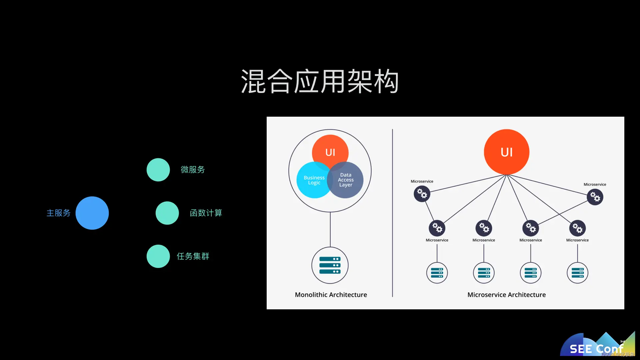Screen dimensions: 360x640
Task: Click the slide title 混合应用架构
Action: [x=320, y=82]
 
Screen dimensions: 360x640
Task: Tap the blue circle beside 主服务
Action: [x=92, y=213]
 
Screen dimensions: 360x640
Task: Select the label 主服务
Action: [x=58, y=213]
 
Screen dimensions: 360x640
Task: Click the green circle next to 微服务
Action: [x=158, y=170]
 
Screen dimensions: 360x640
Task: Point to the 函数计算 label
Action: [x=206, y=213]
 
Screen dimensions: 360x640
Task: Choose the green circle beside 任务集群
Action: [x=158, y=256]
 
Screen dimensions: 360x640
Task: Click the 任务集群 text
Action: [x=193, y=256]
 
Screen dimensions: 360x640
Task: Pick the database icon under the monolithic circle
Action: [x=330, y=265]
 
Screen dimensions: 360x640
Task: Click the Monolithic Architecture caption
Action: [x=331, y=295]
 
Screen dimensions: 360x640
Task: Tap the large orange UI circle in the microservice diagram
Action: [x=506, y=152]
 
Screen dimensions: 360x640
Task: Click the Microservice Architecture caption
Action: [x=506, y=295]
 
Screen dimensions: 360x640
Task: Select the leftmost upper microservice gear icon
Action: [x=422, y=194]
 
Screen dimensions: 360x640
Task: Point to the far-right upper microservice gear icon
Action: [x=595, y=197]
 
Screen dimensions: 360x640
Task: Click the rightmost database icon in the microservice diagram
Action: [x=577, y=273]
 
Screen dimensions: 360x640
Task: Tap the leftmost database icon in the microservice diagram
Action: [x=437, y=273]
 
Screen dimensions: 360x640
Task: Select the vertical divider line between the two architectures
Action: [x=392, y=213]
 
